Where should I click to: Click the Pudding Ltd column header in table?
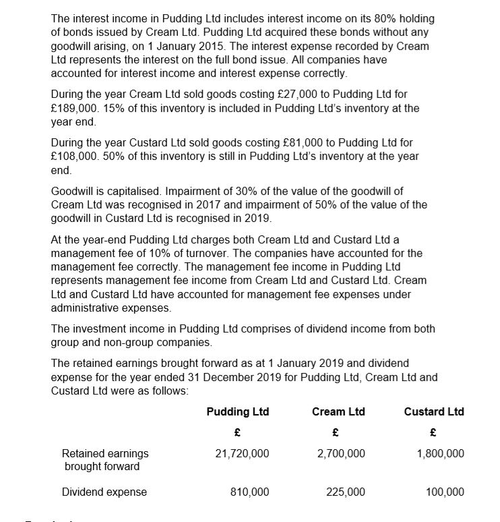tap(237, 411)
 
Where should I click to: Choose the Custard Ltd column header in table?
tap(434, 411)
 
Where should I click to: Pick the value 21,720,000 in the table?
tap(242, 453)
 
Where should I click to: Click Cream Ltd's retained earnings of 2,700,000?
tap(341, 453)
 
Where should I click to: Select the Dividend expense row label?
tap(104, 492)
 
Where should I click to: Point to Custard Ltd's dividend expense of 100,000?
tap(445, 492)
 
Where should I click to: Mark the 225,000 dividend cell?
tap(346, 492)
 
